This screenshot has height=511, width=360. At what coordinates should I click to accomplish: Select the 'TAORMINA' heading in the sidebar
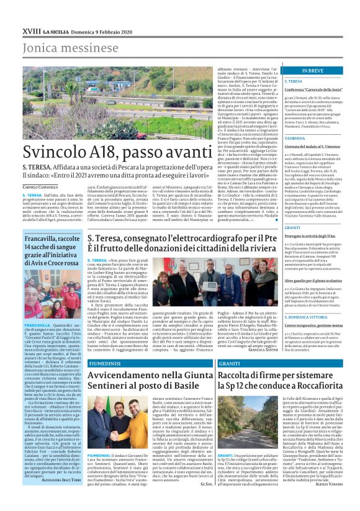pyautogui.click(x=296, y=138)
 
